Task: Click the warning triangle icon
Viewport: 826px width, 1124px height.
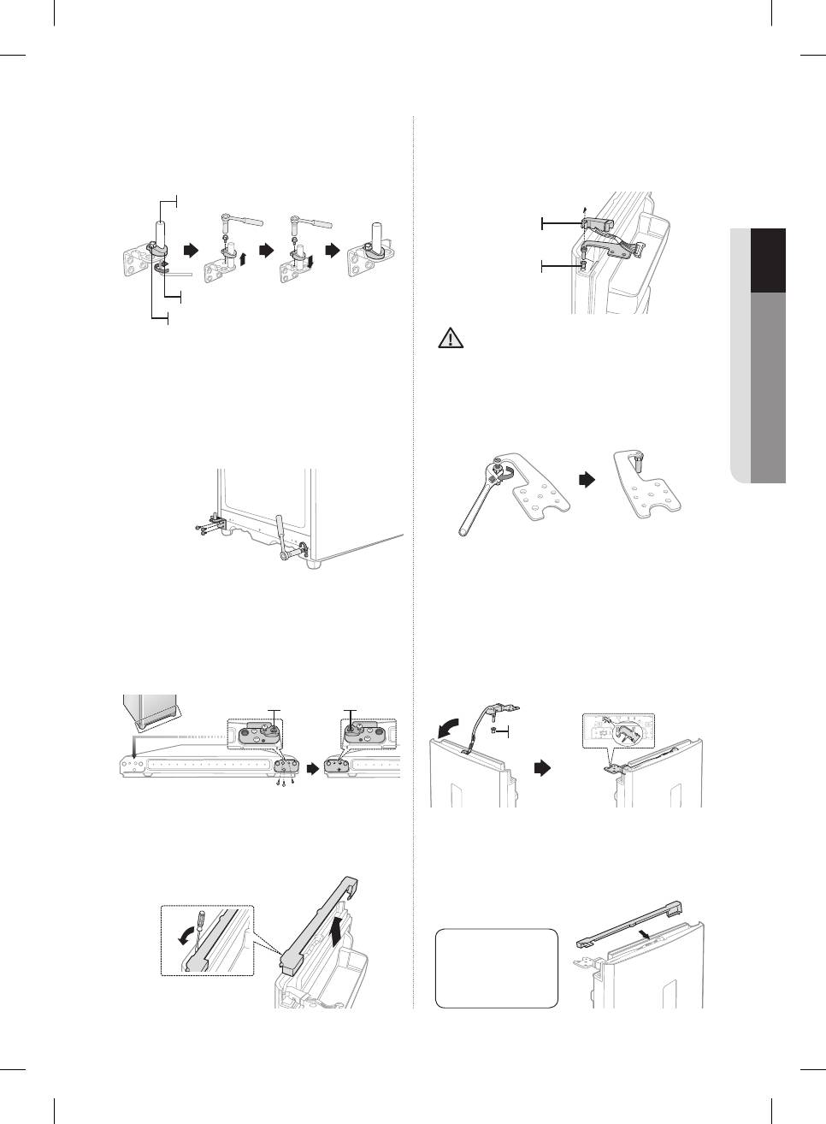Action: pyautogui.click(x=449, y=338)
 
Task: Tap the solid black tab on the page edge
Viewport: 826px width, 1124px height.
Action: pyautogui.click(x=768, y=261)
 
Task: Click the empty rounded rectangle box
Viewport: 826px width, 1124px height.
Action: pyautogui.click(x=496, y=968)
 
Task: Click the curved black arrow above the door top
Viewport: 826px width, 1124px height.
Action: pyautogui.click(x=445, y=730)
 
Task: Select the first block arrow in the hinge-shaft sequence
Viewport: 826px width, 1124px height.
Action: pyautogui.click(x=190, y=251)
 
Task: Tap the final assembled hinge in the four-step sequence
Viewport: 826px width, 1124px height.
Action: pyautogui.click(x=369, y=257)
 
